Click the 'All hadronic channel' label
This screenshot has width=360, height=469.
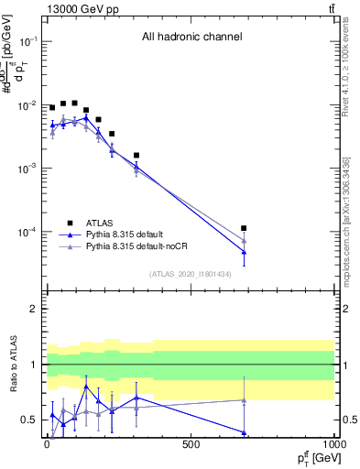[x=191, y=38]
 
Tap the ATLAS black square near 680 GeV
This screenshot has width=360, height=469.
[x=244, y=228]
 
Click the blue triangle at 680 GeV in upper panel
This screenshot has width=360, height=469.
[x=244, y=251]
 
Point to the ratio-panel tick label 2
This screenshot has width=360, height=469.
[x=33, y=309]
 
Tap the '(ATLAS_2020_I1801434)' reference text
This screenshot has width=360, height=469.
[x=191, y=274]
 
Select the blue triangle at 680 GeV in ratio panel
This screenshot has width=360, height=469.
[x=244, y=432]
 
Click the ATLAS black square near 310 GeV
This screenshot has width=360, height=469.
[x=136, y=156]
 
